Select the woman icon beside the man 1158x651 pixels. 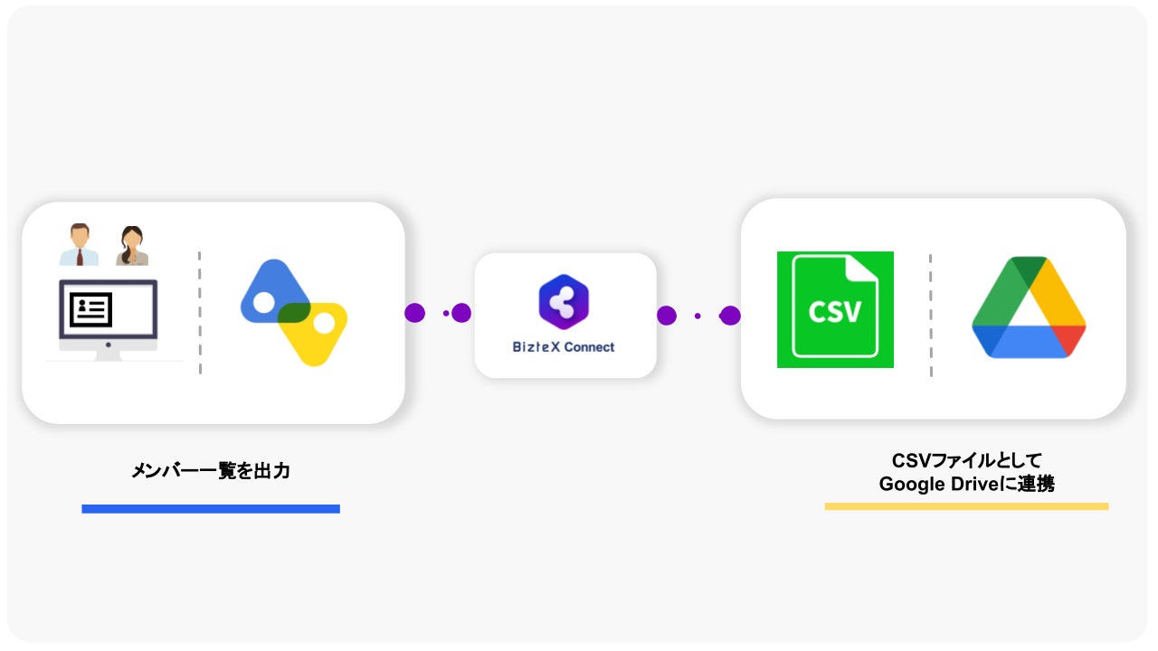[x=132, y=246]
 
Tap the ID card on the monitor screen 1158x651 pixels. [x=90, y=309]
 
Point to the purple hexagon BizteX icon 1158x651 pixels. [x=564, y=301]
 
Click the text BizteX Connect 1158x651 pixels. [x=564, y=347]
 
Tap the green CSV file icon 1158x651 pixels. [x=835, y=309]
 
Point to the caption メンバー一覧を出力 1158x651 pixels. [x=211, y=471]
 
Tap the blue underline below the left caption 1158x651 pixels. [x=211, y=509]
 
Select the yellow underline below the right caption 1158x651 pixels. [x=966, y=506]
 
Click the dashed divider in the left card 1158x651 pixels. [x=199, y=312]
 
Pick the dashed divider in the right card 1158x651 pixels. [x=930, y=315]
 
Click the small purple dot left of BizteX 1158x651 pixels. [x=446, y=313]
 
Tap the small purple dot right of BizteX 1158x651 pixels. [x=697, y=316]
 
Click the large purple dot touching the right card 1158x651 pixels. [x=730, y=316]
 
